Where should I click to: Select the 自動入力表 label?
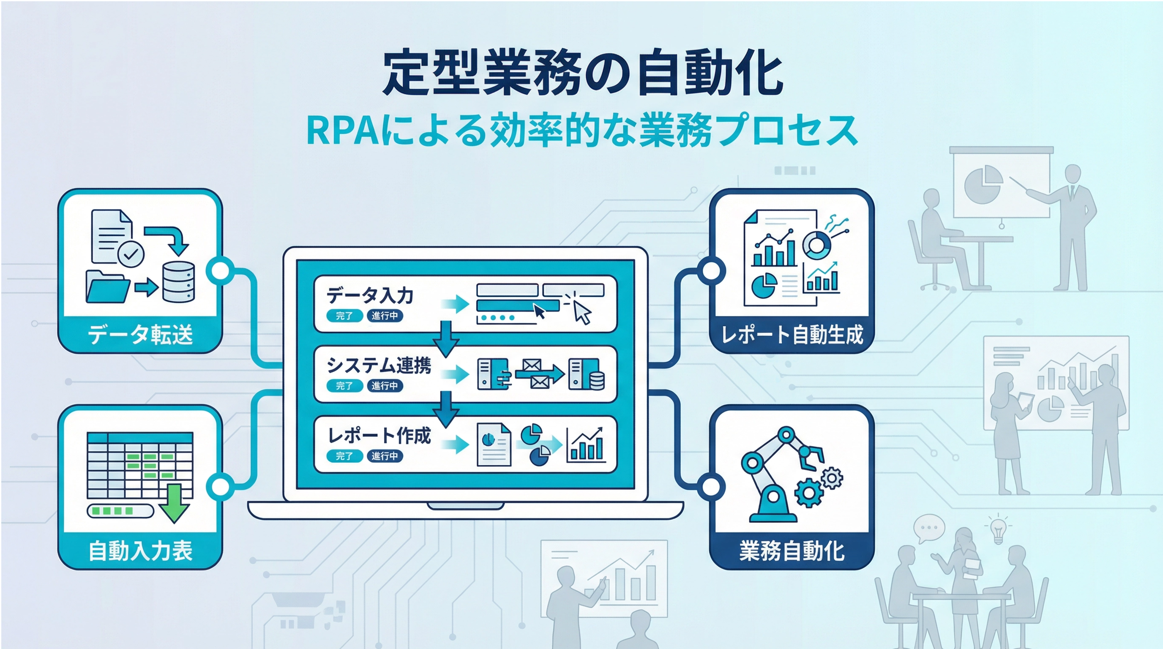(x=140, y=551)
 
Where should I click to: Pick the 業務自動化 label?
(x=792, y=551)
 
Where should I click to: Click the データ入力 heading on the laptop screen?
(x=370, y=296)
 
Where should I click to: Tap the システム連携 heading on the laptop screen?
(x=379, y=365)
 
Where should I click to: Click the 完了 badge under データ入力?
(x=344, y=316)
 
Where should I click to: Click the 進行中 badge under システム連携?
(x=385, y=386)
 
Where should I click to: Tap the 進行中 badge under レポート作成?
(x=385, y=456)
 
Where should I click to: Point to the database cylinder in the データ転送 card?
(x=178, y=282)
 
